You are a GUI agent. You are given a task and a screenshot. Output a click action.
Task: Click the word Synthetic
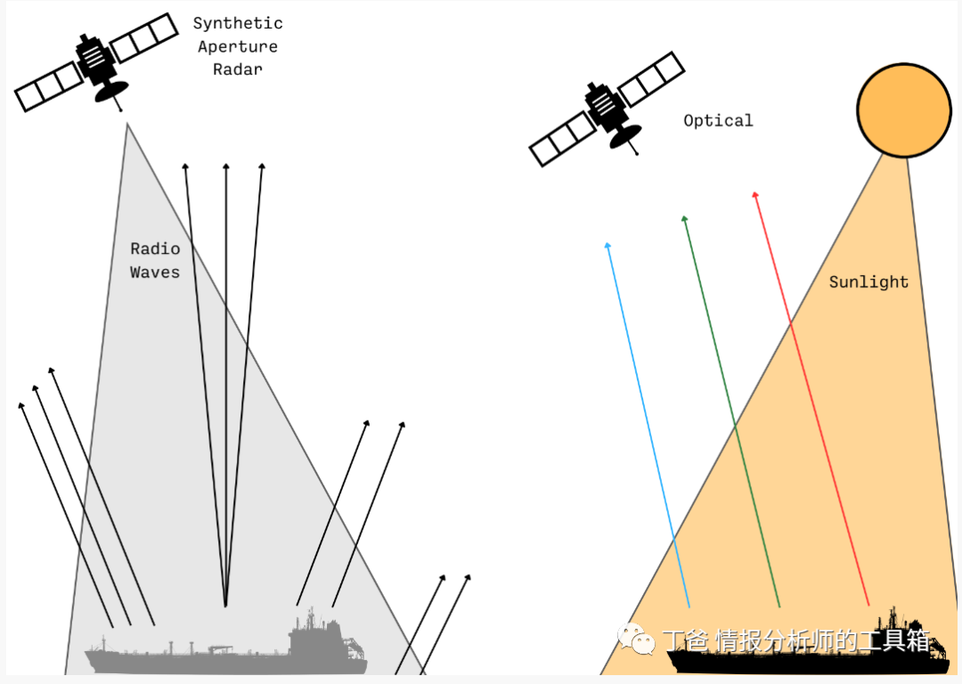(238, 23)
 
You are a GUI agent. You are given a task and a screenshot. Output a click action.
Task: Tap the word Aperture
(238, 46)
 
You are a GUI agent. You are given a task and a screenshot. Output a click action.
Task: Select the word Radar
(238, 69)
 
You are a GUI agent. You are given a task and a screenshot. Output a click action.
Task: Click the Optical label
(718, 120)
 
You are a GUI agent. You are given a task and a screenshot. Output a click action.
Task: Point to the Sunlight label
(868, 282)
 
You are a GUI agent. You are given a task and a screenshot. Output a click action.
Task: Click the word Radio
(155, 248)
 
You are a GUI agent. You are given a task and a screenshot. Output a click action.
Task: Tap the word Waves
(155, 273)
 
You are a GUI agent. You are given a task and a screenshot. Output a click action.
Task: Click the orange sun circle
(903, 110)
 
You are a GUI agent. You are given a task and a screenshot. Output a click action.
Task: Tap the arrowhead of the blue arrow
(607, 245)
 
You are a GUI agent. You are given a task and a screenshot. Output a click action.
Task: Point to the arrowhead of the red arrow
(754, 194)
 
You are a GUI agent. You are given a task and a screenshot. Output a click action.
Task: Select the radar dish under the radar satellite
(113, 91)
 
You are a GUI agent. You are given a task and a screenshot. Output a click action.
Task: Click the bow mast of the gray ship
(105, 642)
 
